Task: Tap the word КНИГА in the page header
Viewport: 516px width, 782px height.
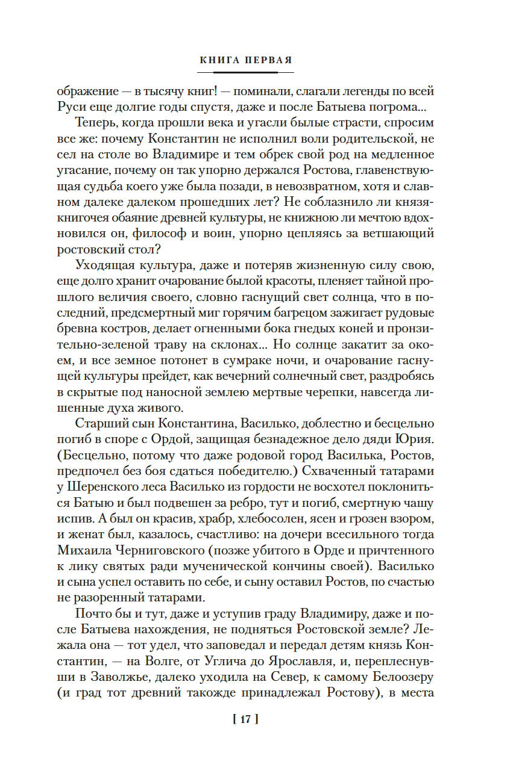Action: tap(219, 60)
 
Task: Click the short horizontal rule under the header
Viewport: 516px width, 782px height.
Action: tap(246, 72)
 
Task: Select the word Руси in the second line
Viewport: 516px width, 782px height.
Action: tap(71, 108)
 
